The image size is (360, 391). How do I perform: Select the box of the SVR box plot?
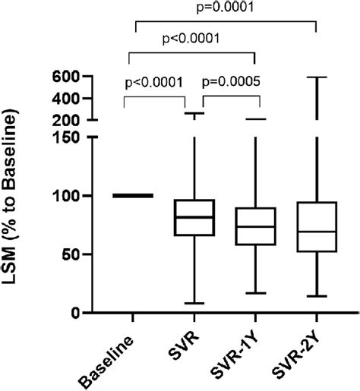coord(195,217)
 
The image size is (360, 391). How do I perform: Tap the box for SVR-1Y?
coord(255,225)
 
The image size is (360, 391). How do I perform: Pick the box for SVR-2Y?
coord(315,226)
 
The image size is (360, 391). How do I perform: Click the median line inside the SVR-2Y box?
coord(315,231)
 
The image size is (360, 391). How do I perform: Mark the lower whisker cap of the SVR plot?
coord(195,303)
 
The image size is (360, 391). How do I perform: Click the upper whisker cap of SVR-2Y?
coord(315,77)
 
